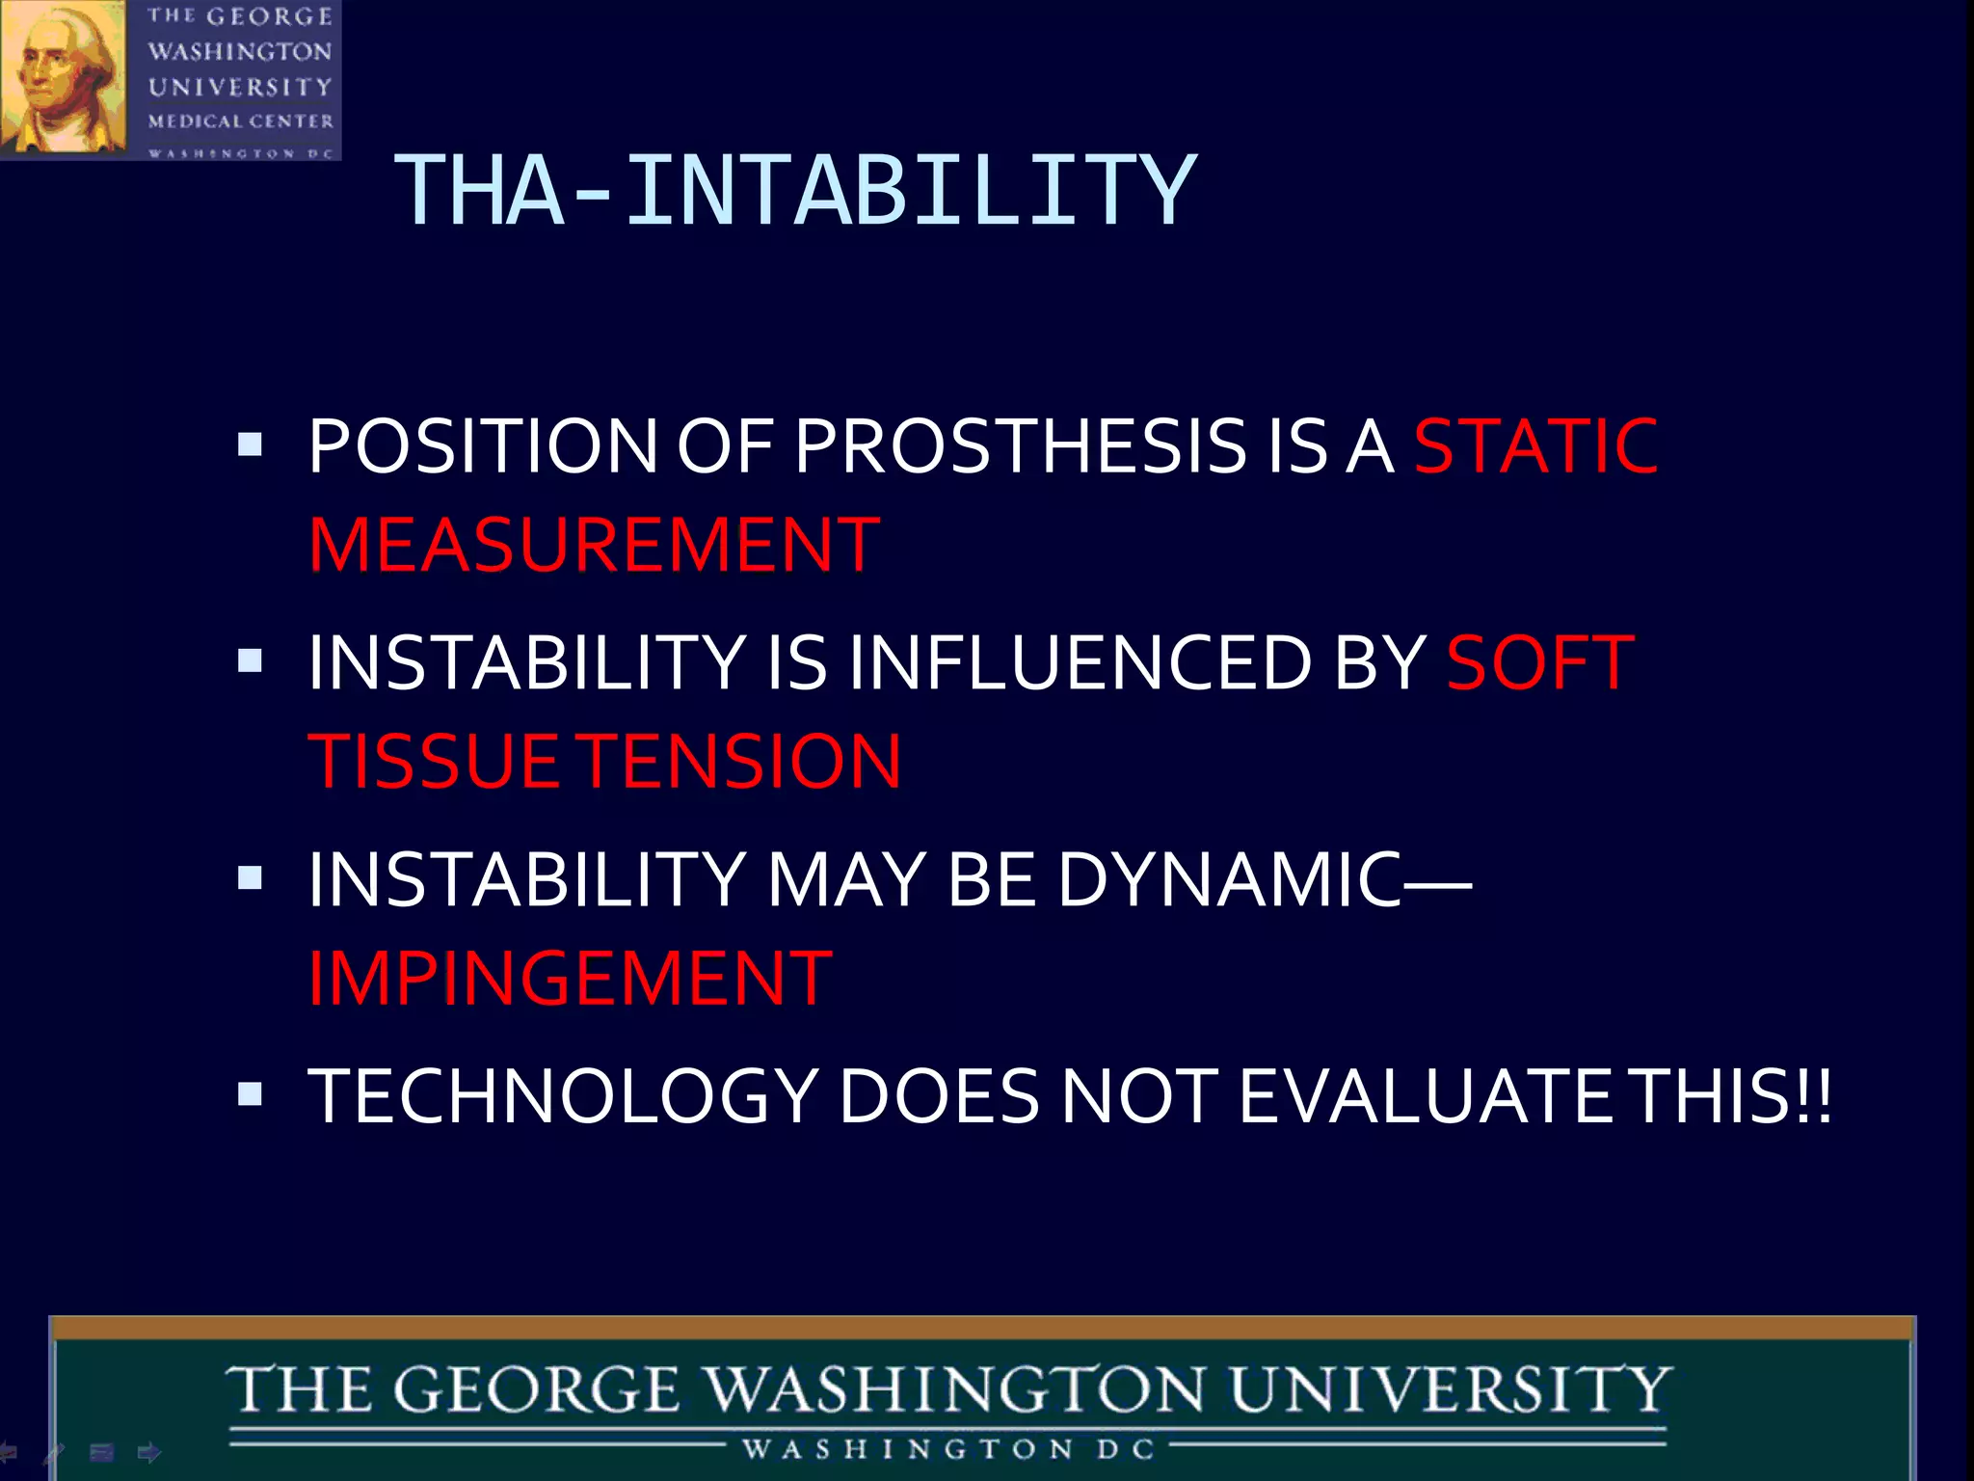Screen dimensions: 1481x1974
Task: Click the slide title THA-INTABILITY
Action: coord(795,191)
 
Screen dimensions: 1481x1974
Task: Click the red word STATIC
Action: coord(1534,446)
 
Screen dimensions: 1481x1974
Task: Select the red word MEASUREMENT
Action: coord(594,546)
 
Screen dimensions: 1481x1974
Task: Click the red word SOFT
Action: coord(1539,663)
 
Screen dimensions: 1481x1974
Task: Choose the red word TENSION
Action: coord(743,762)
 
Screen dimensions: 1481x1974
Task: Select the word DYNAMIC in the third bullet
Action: coord(1230,879)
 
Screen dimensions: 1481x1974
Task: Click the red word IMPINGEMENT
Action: coord(570,979)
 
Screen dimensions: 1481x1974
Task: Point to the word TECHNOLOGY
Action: coord(563,1096)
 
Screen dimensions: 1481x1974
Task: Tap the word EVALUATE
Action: coord(1425,1096)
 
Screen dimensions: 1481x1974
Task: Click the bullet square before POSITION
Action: coord(250,444)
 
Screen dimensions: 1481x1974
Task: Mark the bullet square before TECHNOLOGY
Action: coord(250,1093)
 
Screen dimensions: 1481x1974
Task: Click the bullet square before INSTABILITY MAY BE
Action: coord(250,877)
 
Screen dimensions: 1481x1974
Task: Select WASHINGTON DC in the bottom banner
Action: coord(948,1449)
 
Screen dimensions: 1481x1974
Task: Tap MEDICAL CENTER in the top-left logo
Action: coord(240,121)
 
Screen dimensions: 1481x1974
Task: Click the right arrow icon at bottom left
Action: coord(149,1452)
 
